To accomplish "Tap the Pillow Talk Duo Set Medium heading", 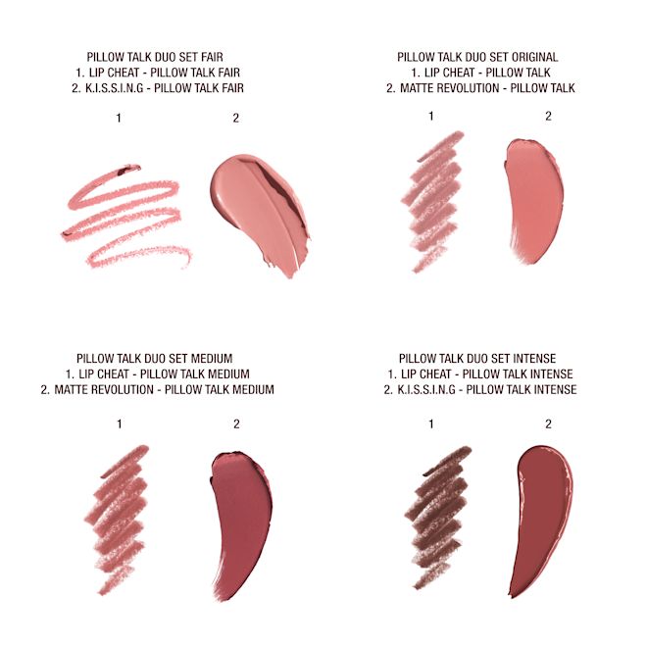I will [161, 359].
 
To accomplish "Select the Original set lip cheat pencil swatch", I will [431, 201].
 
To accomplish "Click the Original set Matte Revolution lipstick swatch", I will [534, 201].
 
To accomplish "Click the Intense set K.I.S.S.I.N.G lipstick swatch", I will [539, 515].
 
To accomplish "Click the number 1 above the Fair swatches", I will [119, 118].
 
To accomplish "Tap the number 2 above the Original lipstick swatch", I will [547, 117].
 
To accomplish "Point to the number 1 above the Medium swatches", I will [119, 424].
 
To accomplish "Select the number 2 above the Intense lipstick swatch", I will [547, 424].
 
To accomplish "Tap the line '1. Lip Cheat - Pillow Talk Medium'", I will [158, 374].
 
